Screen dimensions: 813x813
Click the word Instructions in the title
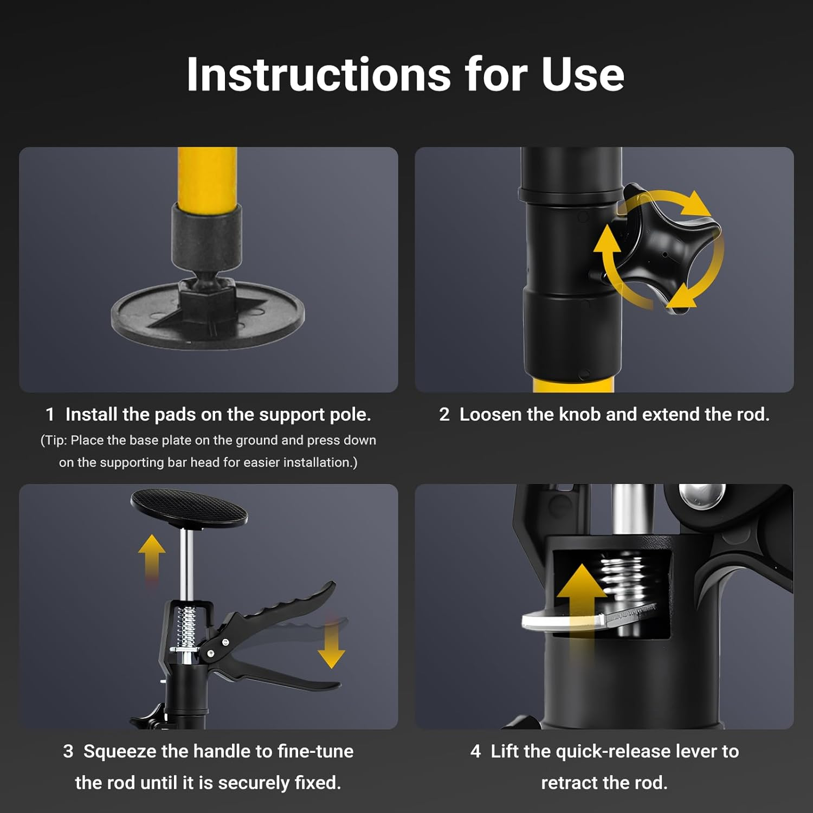tap(319, 74)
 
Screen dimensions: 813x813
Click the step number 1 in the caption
tap(50, 415)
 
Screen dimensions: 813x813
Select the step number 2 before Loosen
tap(444, 415)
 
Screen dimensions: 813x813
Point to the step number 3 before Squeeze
tap(68, 751)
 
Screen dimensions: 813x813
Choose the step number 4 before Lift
tap(475, 751)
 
